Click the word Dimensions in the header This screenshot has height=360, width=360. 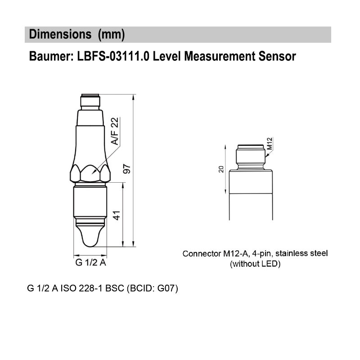point(58,35)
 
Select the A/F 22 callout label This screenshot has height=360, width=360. point(115,131)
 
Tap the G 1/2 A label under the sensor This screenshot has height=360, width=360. point(90,263)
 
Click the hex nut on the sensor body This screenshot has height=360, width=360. point(90,173)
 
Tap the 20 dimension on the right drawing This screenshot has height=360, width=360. point(221,169)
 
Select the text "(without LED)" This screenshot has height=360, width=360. point(255,264)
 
